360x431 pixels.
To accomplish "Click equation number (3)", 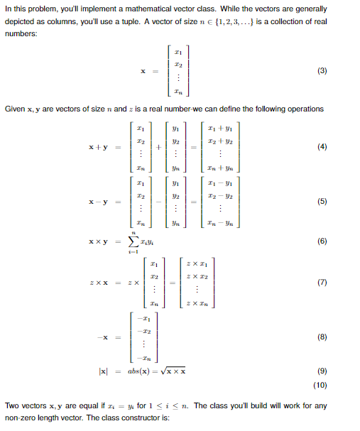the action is click(x=322, y=71).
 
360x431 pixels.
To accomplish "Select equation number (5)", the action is click(x=322, y=202).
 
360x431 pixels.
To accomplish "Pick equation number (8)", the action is click(x=322, y=338).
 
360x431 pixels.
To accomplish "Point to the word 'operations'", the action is click(x=304, y=109).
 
